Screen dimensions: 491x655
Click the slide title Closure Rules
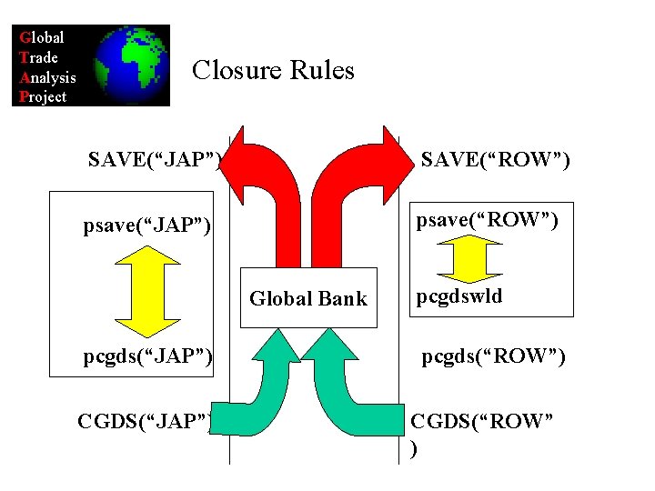pyautogui.click(x=273, y=70)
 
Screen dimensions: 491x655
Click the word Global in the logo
pyautogui.click(x=42, y=38)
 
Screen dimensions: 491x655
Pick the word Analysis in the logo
pyautogui.click(x=48, y=77)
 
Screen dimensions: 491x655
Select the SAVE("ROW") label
pyautogui.click(x=496, y=161)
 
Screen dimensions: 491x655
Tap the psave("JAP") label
pyautogui.click(x=146, y=224)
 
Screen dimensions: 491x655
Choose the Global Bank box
pyautogui.click(x=308, y=298)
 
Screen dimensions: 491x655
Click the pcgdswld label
pyautogui.click(x=459, y=296)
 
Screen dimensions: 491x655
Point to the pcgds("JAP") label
pyautogui.click(x=147, y=356)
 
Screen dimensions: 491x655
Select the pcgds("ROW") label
pyautogui.click(x=493, y=356)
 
